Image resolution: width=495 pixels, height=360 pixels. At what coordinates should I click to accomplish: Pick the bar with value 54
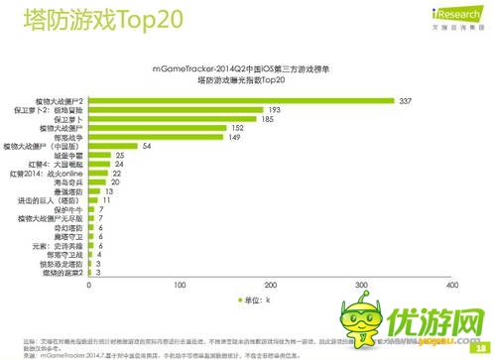(113, 146)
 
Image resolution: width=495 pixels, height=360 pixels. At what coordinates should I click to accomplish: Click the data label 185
(268, 119)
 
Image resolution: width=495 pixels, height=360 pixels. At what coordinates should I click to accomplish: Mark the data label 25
(119, 156)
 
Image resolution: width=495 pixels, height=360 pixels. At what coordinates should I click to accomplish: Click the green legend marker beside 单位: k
(238, 298)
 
